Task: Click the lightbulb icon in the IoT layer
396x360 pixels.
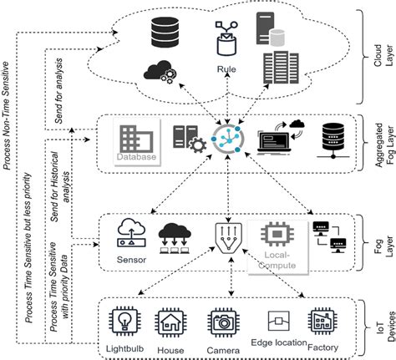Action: [x=124, y=321]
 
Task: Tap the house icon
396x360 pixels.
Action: [x=172, y=321]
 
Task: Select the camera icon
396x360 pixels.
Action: [x=221, y=321]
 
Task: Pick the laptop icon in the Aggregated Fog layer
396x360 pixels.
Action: [x=273, y=139]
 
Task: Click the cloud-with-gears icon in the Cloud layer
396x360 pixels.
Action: [x=159, y=71]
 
